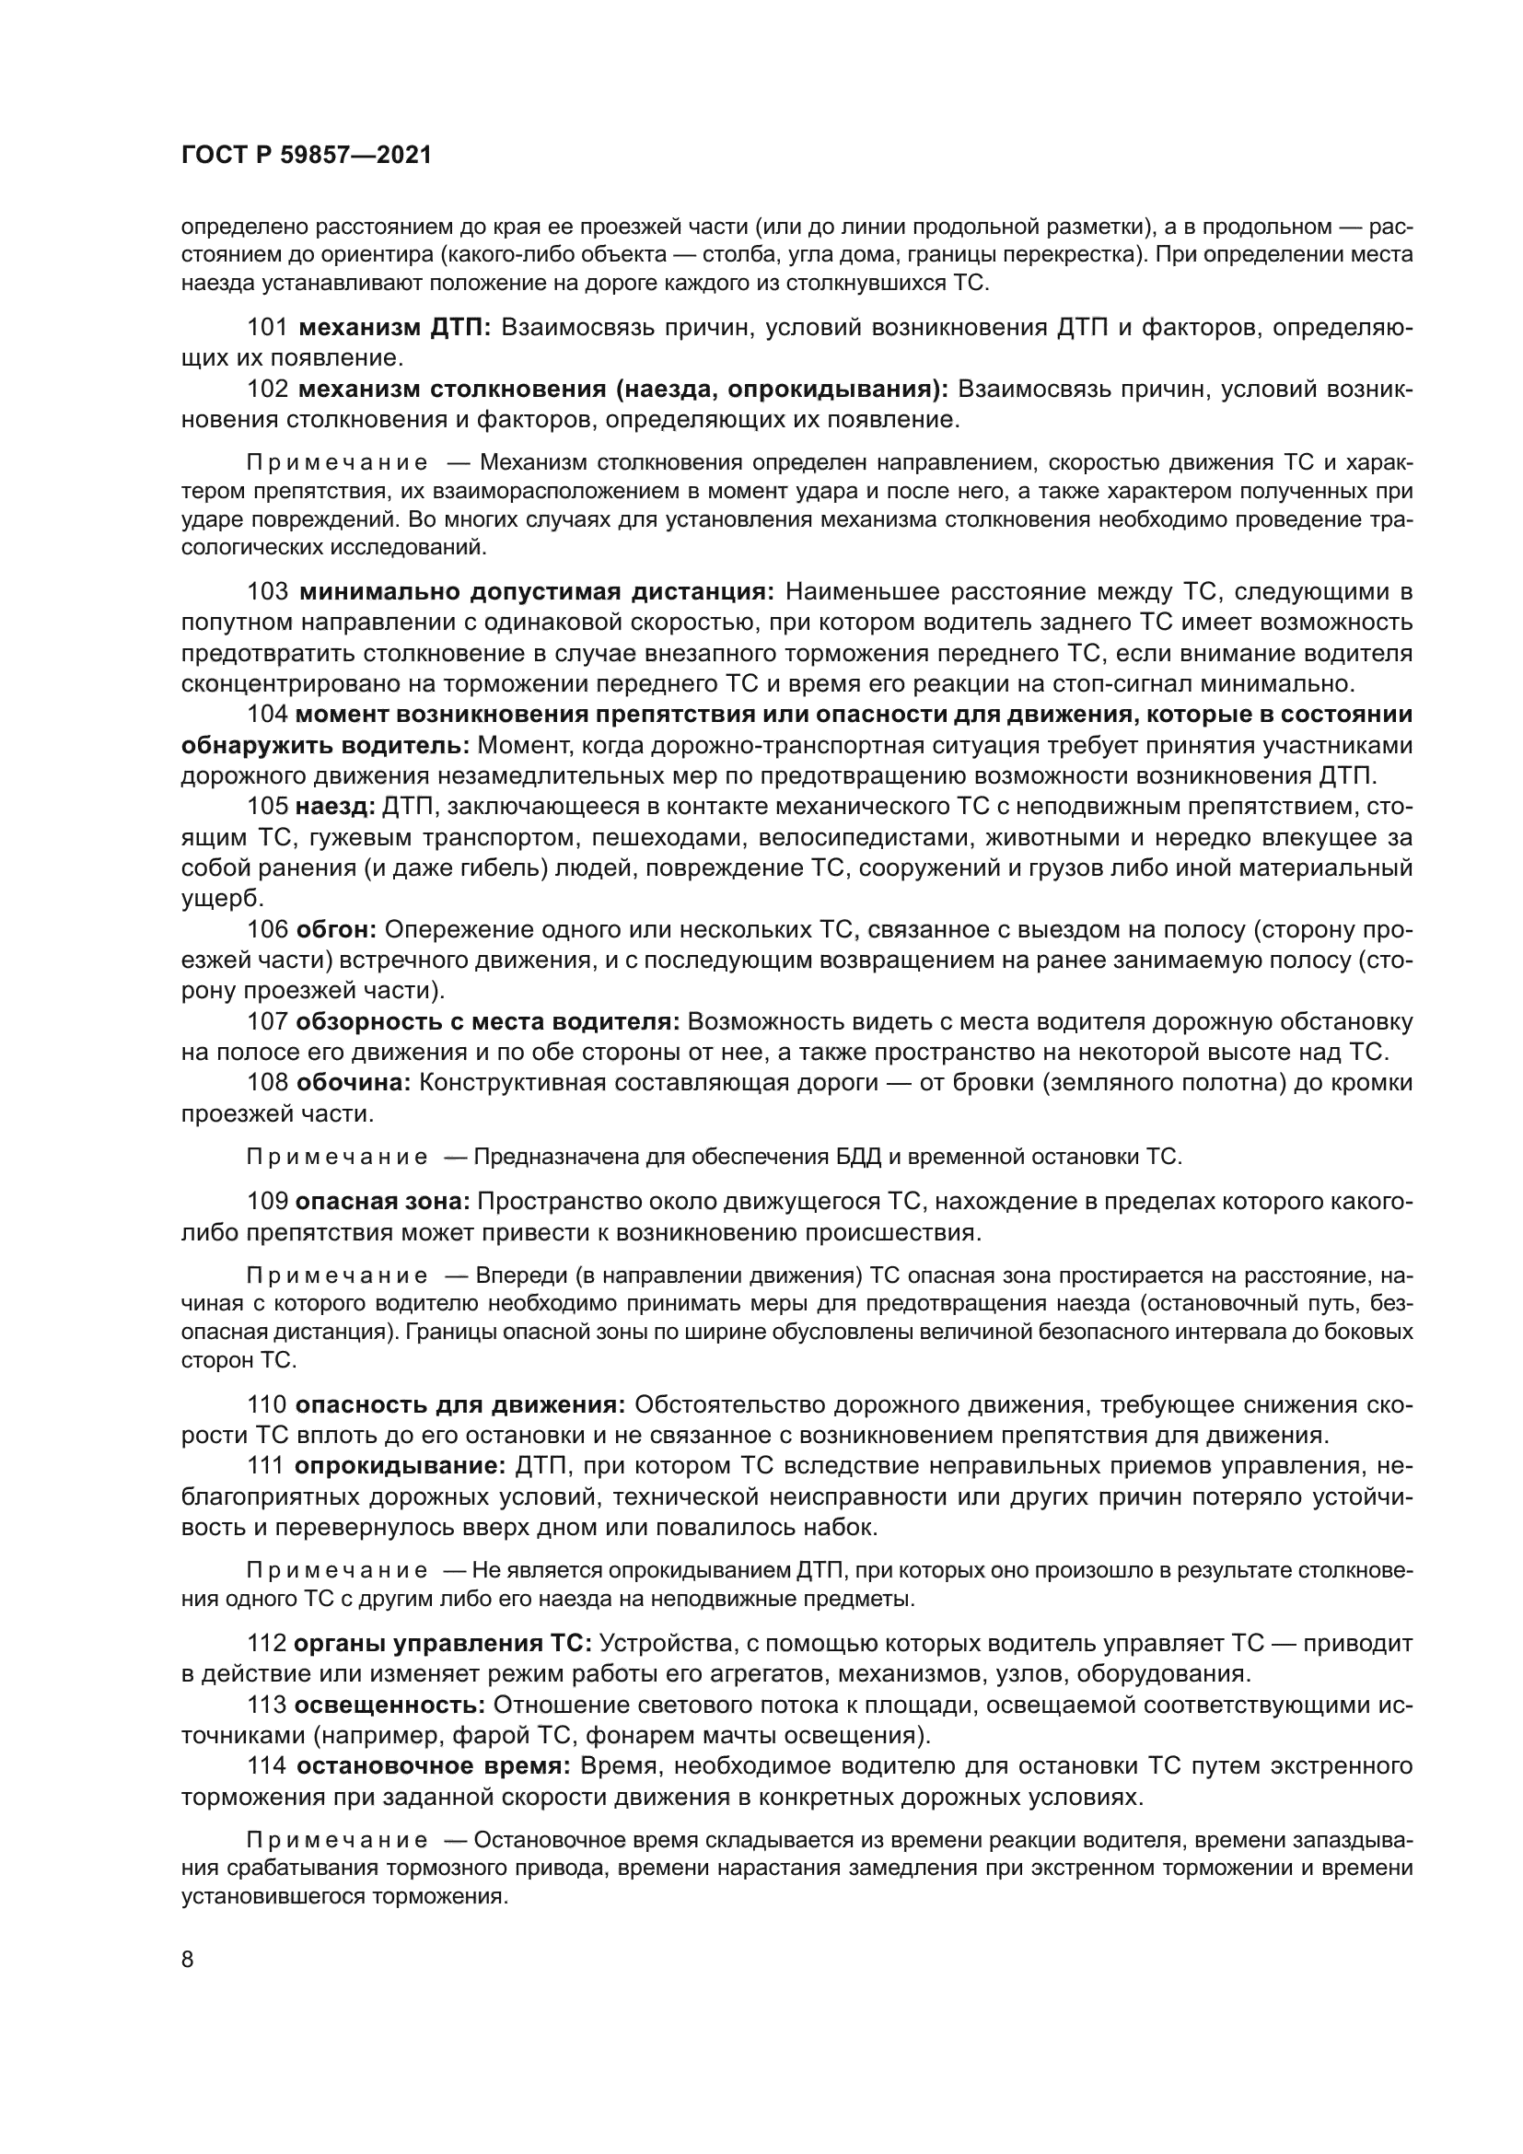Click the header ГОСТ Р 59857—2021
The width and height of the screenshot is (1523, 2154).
pyautogui.click(x=306, y=155)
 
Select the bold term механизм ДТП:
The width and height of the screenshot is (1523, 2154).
pyautogui.click(x=395, y=328)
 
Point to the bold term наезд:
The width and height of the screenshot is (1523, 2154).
pyautogui.click(x=335, y=806)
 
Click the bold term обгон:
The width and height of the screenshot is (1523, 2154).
pyautogui.click(x=336, y=929)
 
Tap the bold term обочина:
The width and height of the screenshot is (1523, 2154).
pyautogui.click(x=354, y=1083)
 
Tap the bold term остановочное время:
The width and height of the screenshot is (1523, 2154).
pyautogui.click(x=433, y=1766)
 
